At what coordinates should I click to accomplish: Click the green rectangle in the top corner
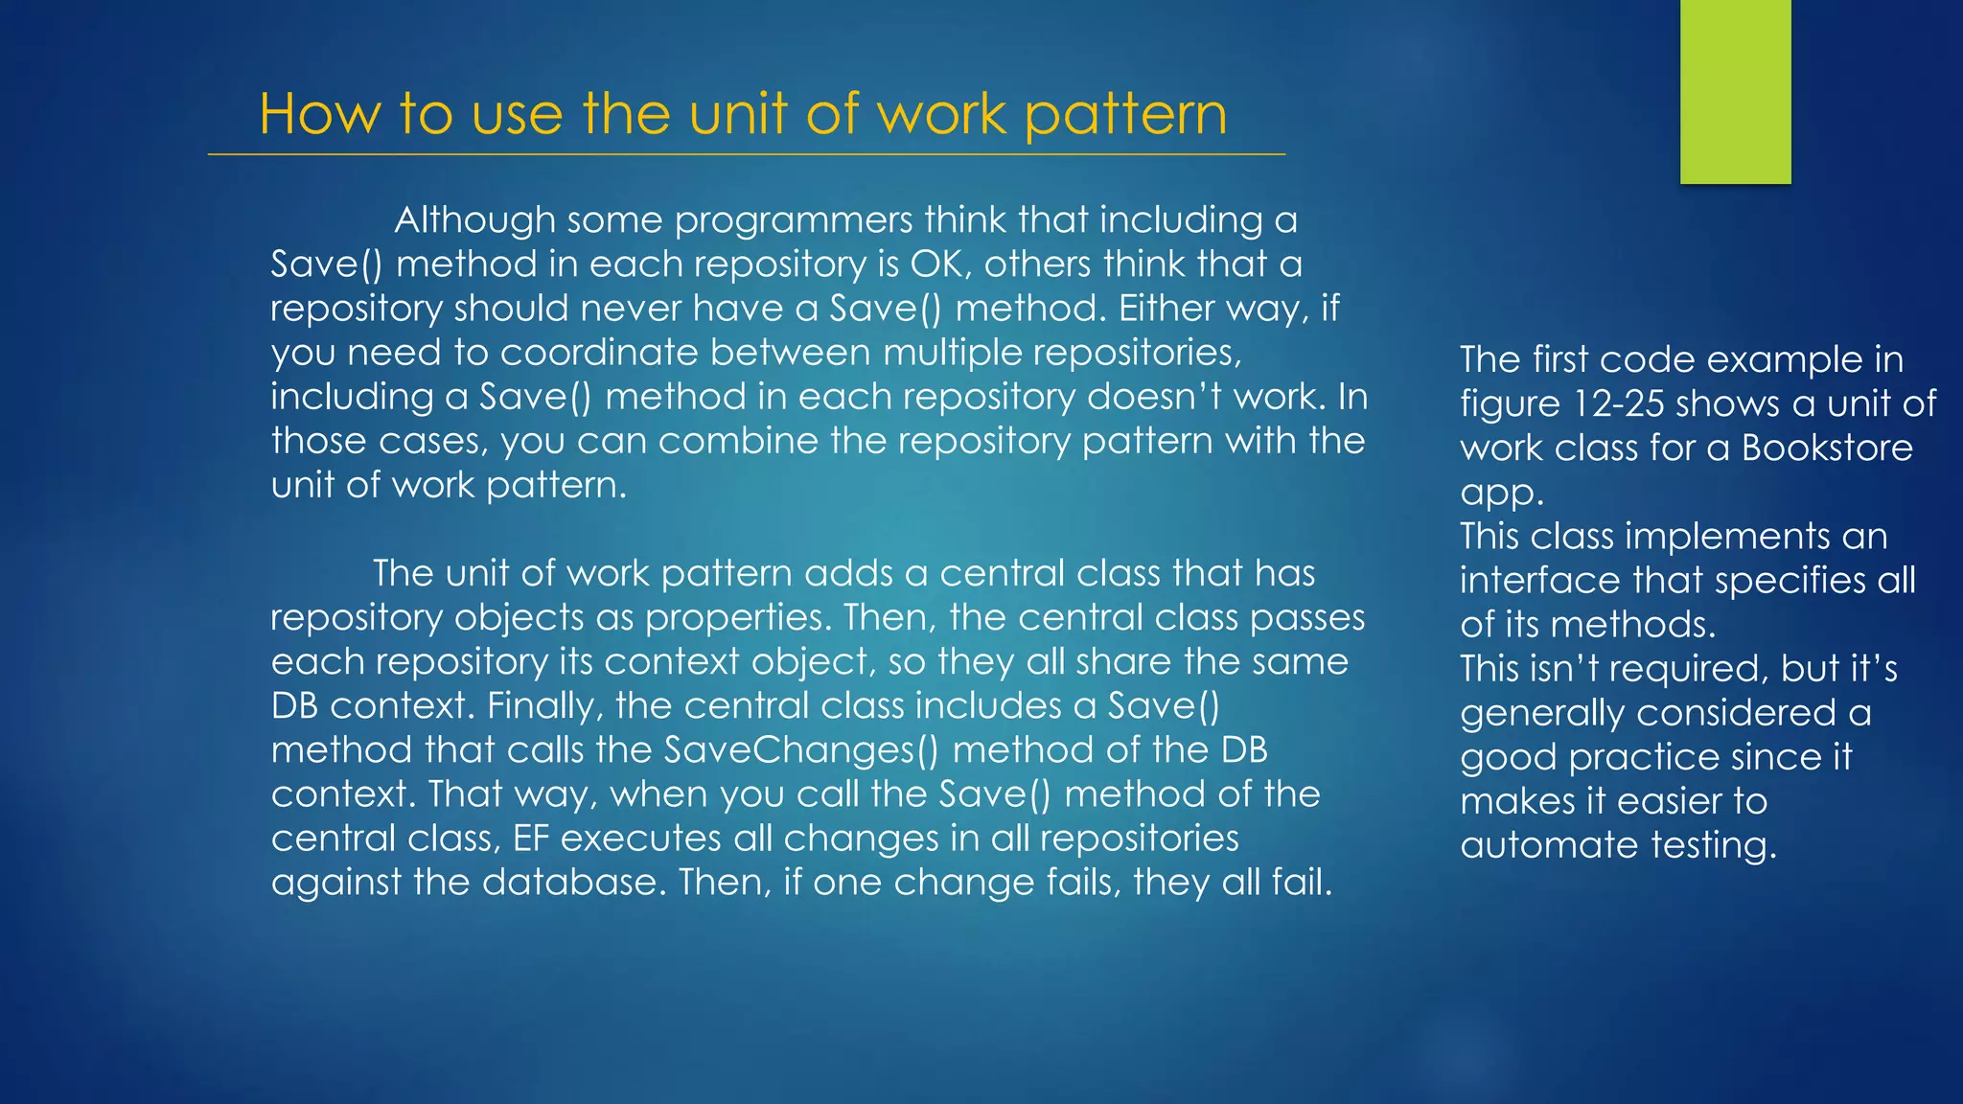(1735, 91)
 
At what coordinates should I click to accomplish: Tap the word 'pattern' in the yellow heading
(1125, 116)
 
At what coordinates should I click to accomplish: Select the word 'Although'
(474, 220)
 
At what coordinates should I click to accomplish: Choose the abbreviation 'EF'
(530, 839)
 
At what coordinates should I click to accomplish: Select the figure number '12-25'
(1618, 404)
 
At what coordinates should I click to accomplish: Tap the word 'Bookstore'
(1827, 448)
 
